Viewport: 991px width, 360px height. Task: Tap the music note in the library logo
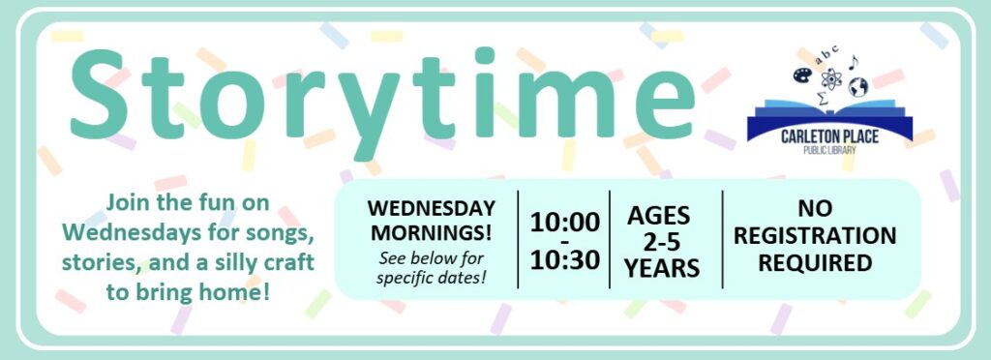853,62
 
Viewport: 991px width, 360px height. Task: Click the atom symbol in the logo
830,76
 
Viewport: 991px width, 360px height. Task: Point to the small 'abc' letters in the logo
827,55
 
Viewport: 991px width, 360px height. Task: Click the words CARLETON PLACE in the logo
829,137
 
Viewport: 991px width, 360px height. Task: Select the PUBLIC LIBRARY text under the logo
829,151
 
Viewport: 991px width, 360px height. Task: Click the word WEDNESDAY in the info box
433,209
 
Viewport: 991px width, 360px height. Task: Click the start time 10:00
564,222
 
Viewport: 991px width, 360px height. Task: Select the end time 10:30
564,260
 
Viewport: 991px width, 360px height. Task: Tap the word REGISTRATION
822,235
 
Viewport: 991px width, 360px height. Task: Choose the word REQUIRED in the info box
823,261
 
